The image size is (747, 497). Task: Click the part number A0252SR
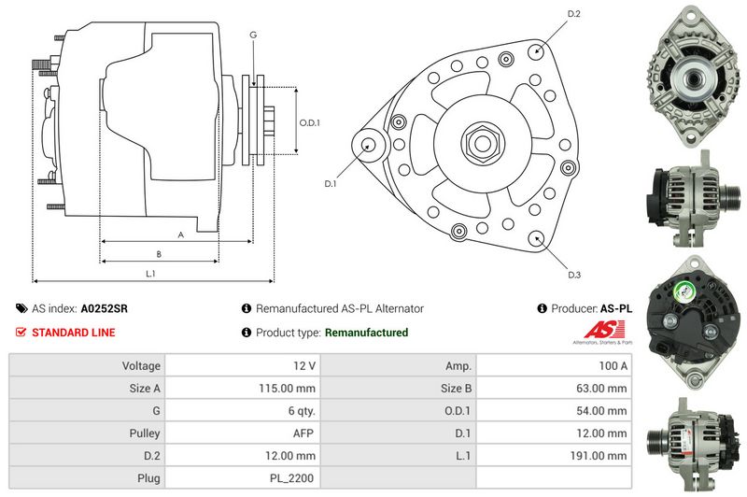(104, 309)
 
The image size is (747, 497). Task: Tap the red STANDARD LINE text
(74, 333)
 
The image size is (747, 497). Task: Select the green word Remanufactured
(366, 333)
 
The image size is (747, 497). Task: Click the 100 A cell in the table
(613, 366)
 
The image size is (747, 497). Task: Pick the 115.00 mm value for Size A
(287, 389)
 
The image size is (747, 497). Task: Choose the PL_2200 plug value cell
(291, 478)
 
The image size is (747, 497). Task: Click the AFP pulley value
(303, 433)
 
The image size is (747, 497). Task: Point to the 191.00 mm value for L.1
(599, 456)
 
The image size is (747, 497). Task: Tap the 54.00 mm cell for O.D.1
(601, 411)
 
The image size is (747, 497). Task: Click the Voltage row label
(141, 366)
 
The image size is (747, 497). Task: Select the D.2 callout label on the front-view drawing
(574, 14)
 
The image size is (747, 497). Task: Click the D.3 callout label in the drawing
(574, 275)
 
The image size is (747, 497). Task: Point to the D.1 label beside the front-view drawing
(331, 183)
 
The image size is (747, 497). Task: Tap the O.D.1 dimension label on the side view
(309, 122)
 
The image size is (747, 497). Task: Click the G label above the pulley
(253, 35)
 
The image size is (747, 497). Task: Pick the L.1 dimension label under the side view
(150, 274)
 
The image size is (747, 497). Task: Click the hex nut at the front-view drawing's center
(482, 143)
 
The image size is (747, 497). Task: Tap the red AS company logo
(604, 329)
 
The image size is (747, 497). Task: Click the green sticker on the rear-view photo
(683, 291)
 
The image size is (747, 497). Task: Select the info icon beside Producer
(542, 309)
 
